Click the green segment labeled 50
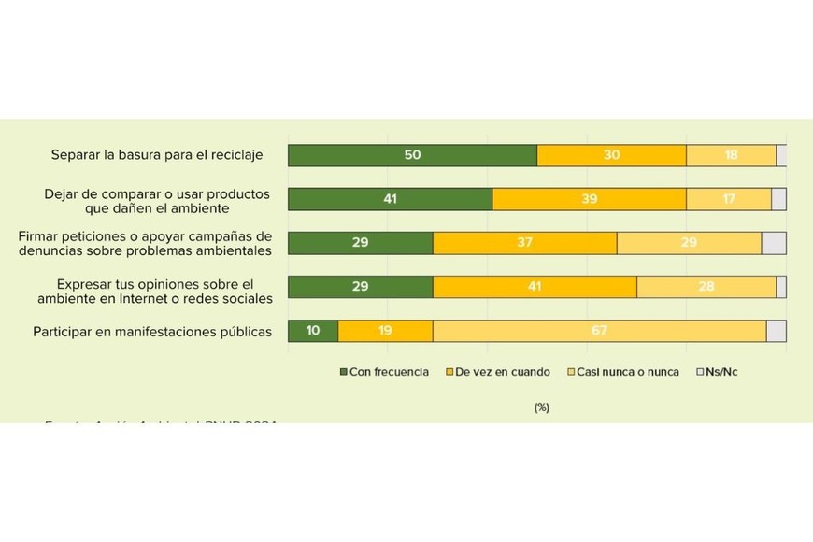click(x=412, y=155)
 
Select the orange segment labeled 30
click(x=611, y=155)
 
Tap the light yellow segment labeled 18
click(x=731, y=155)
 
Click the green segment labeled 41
click(x=390, y=199)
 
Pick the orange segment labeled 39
click(x=589, y=199)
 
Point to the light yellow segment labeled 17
click(x=728, y=199)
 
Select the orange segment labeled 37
click(x=524, y=243)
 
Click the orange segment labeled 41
click(x=535, y=287)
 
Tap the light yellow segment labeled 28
click(x=706, y=287)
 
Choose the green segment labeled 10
click(x=313, y=331)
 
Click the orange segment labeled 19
click(x=385, y=331)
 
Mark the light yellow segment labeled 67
click(x=599, y=331)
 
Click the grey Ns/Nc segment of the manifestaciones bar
click(x=776, y=331)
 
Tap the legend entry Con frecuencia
click(x=383, y=372)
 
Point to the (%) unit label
click(x=541, y=407)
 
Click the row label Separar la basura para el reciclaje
click(x=158, y=155)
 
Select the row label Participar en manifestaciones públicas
click(x=152, y=331)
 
